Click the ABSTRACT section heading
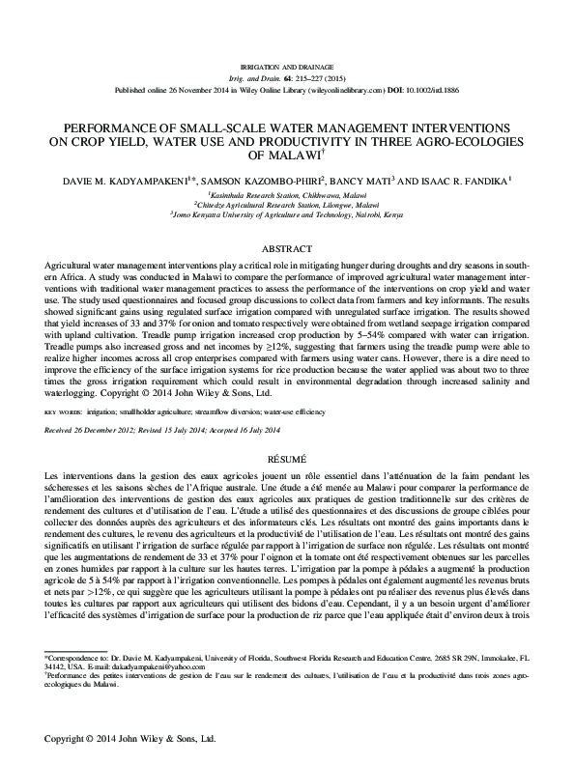(x=287, y=248)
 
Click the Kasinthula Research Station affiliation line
(x=288, y=193)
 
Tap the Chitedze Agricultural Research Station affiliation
(x=288, y=204)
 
